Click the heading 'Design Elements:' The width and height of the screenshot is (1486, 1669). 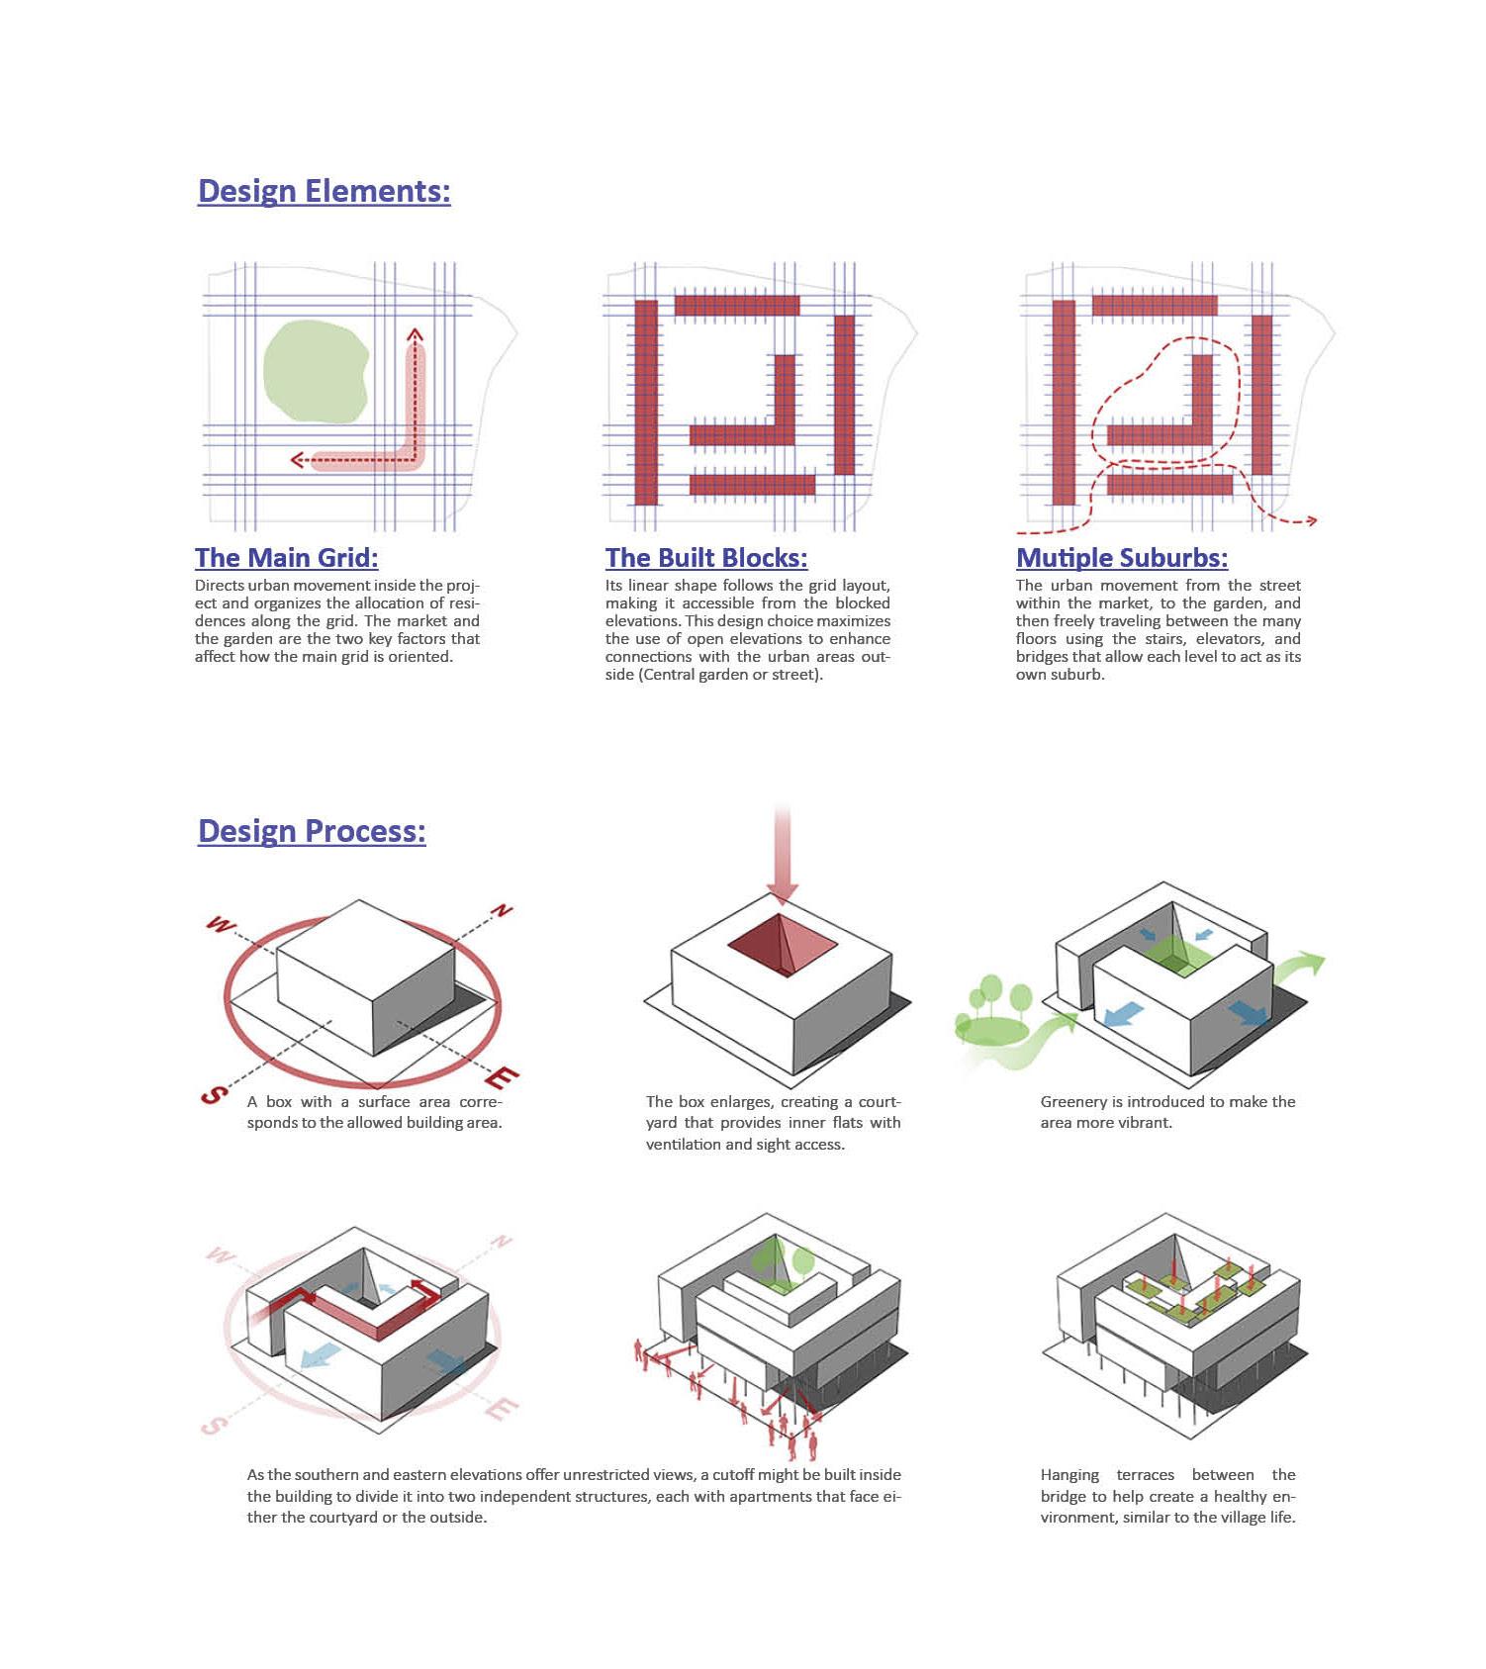tap(324, 190)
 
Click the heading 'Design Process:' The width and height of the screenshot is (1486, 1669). tap(312, 830)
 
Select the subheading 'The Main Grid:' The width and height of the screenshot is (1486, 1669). tap(286, 558)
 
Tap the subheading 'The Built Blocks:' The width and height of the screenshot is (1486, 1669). tap(706, 558)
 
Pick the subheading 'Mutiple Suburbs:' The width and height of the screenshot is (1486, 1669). tap(1122, 558)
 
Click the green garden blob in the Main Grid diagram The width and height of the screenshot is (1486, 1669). tap(315, 373)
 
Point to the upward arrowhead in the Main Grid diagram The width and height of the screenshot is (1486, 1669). tap(416, 334)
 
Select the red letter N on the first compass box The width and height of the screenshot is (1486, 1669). tap(504, 911)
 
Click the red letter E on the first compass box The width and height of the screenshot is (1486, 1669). tap(504, 1077)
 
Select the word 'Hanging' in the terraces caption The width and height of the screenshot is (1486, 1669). tap(1069, 1475)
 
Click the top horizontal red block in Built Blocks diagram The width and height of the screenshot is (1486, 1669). tap(737, 305)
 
